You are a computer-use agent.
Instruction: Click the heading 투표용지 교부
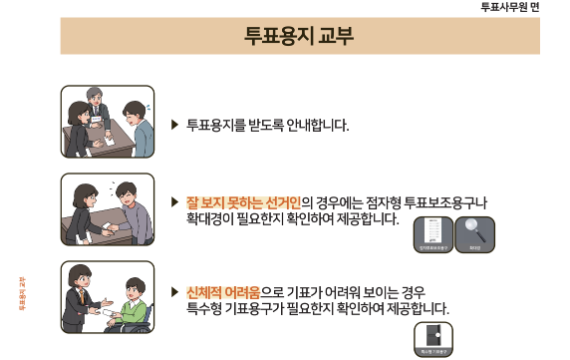(x=299, y=37)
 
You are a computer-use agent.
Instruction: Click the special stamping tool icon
(x=432, y=336)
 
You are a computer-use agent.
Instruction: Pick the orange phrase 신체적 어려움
(x=222, y=292)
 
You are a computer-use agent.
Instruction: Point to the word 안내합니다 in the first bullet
(x=314, y=125)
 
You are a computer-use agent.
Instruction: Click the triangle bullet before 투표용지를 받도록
(x=175, y=125)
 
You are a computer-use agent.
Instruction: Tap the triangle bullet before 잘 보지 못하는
(x=175, y=200)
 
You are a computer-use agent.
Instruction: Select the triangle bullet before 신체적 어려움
(x=175, y=292)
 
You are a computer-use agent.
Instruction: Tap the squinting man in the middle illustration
(x=129, y=205)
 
